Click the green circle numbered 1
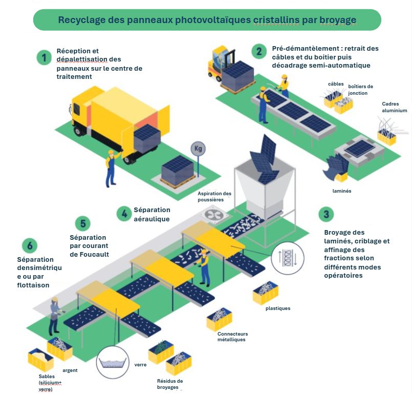(45, 57)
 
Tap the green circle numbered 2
(259, 51)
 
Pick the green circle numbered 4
(123, 213)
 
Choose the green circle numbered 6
(30, 245)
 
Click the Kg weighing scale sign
(198, 149)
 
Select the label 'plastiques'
(278, 308)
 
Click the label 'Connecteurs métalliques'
(232, 337)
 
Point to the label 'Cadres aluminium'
(394, 107)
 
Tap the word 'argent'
(70, 370)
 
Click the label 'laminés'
(341, 191)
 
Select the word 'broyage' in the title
(337, 20)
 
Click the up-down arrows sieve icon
(286, 256)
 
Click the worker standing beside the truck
(110, 169)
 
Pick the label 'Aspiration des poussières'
(214, 197)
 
